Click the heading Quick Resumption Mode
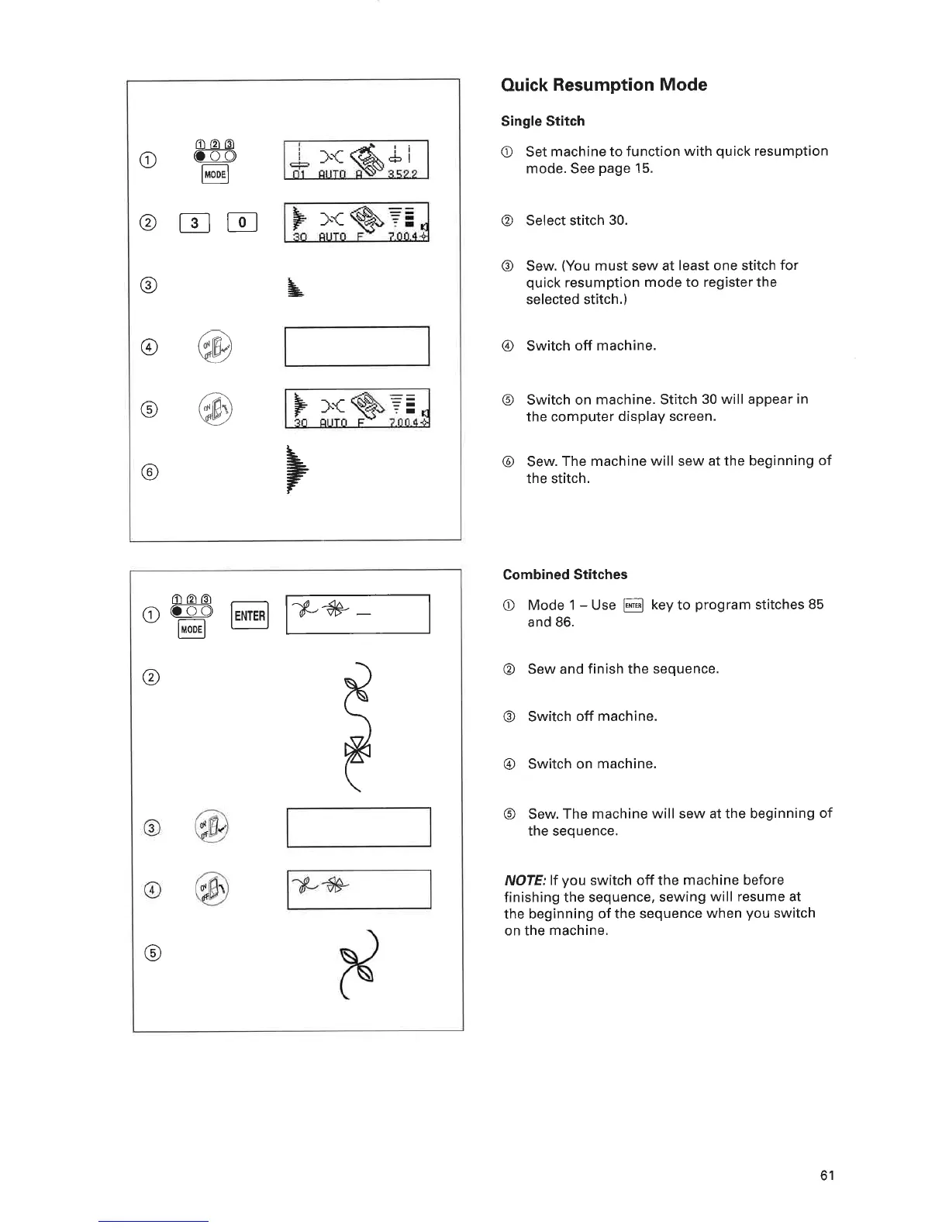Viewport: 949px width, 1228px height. pyautogui.click(x=604, y=85)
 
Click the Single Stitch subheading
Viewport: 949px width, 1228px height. pyautogui.click(x=543, y=121)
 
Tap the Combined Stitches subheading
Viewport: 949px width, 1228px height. pyautogui.click(x=564, y=574)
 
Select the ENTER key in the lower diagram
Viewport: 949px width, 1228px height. pyautogui.click(x=250, y=616)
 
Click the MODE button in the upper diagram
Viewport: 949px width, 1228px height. pyautogui.click(x=215, y=174)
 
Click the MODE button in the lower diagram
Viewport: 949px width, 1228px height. pyautogui.click(x=191, y=629)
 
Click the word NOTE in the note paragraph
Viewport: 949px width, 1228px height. pyautogui.click(x=525, y=880)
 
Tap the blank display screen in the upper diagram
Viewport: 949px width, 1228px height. pyautogui.click(x=357, y=347)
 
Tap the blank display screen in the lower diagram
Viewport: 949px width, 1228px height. pyautogui.click(x=358, y=827)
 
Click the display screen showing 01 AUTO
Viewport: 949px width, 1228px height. pyautogui.click(x=357, y=160)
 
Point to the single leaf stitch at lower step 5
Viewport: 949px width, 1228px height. pyautogui.click(x=359, y=974)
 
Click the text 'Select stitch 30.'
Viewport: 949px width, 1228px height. pyautogui.click(x=577, y=220)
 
